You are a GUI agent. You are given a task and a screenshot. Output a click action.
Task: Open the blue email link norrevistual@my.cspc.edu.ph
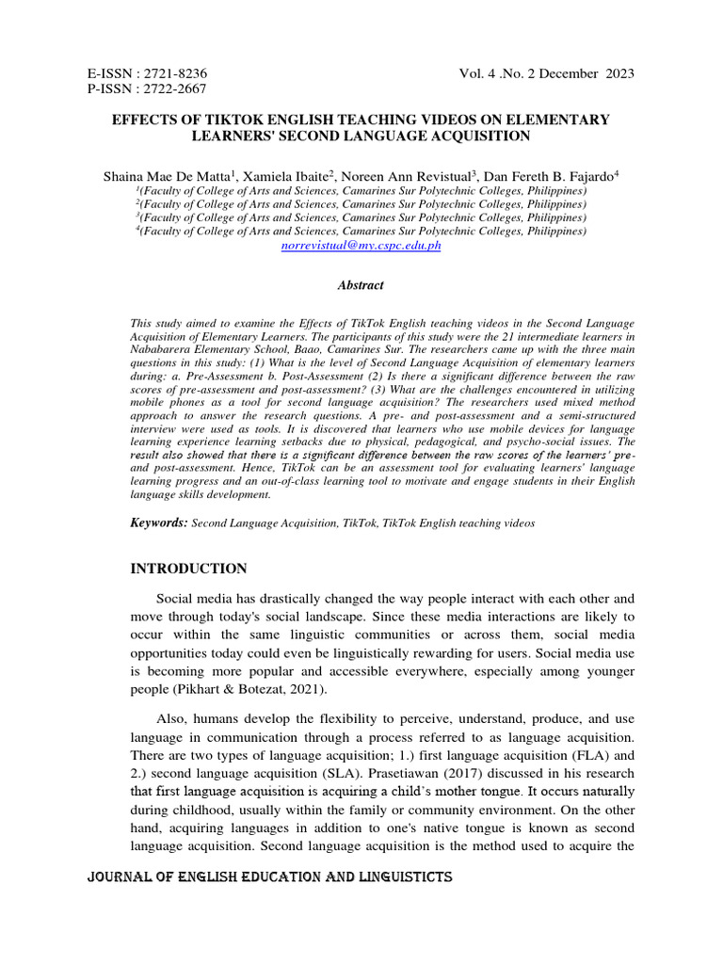click(x=361, y=245)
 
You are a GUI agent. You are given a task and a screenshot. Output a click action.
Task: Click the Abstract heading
click(x=361, y=285)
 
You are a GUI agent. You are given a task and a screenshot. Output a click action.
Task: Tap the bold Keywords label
click(x=158, y=522)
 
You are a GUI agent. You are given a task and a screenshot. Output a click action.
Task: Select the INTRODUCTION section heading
click(x=187, y=569)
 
